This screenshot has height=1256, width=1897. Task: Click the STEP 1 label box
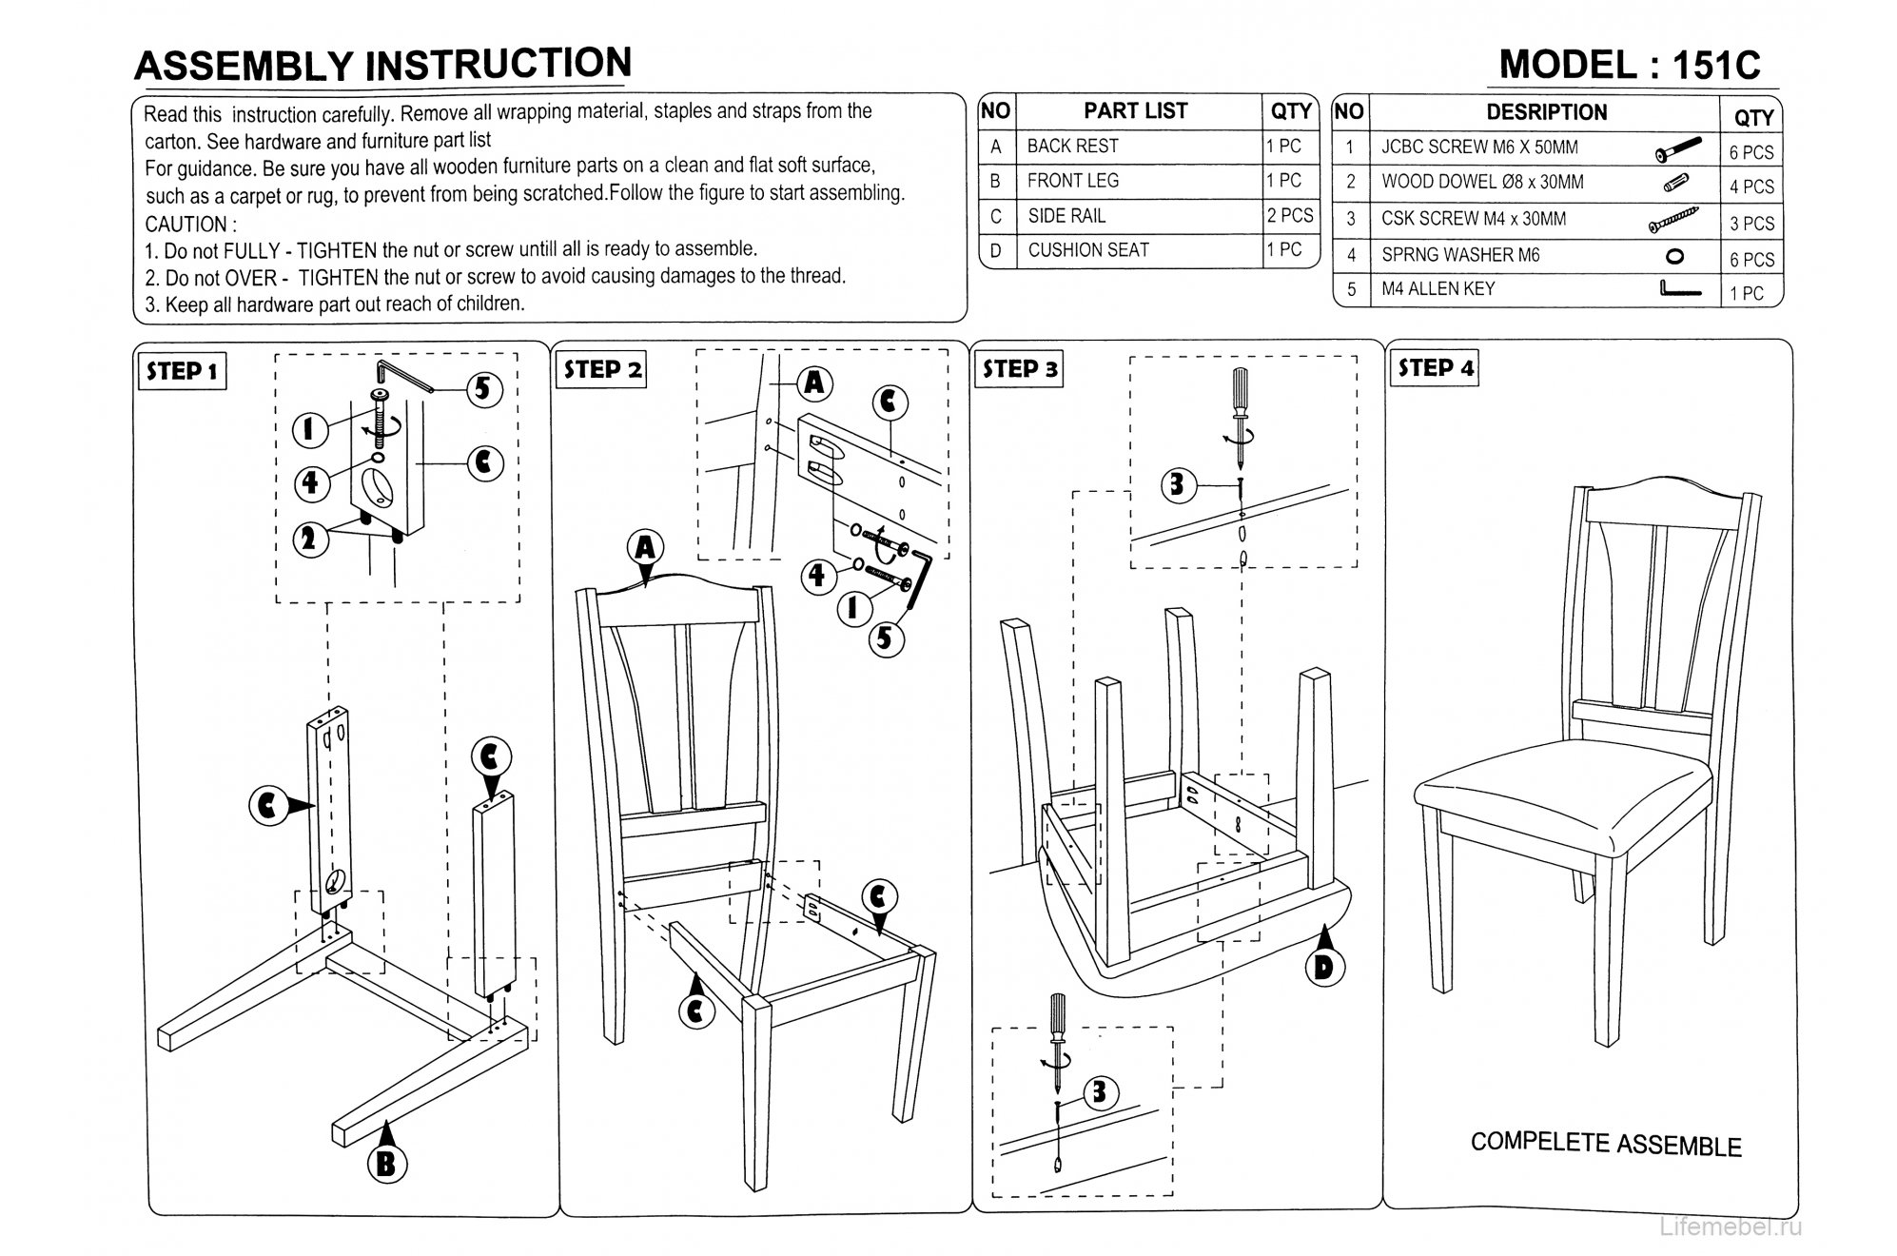182,371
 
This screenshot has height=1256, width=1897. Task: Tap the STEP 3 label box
1019,369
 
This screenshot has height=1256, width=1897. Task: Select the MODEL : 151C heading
1630,65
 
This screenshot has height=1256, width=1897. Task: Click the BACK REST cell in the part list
1072,147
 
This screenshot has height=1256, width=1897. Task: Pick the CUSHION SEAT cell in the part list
1087,250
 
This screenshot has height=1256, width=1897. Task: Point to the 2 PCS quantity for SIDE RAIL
1289,216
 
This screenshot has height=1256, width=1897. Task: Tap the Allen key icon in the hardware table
1679,288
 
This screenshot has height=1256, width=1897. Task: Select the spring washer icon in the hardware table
1676,256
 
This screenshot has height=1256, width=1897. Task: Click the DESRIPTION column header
1546,112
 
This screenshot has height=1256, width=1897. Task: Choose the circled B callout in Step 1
386,1164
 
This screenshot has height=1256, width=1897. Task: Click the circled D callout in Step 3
1323,968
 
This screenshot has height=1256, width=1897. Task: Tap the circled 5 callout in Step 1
483,388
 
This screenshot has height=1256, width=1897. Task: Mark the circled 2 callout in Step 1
308,540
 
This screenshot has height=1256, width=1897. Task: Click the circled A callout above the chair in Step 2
645,549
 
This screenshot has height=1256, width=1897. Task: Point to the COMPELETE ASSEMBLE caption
1605,1144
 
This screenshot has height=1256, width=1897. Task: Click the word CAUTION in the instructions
186,225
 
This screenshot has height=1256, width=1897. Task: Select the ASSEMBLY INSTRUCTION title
382,65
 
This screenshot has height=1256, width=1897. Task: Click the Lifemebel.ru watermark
1731,1227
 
